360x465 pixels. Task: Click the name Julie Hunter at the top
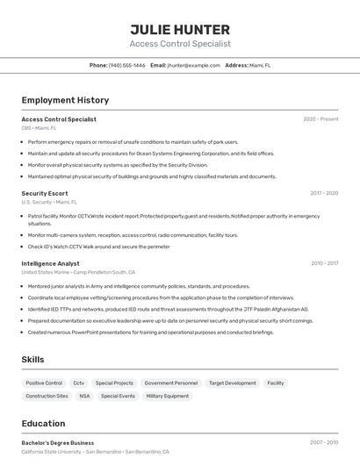180,29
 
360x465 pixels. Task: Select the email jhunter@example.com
194,65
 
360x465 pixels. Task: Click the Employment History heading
65,100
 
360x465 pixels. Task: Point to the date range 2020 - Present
320,118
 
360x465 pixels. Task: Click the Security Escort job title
44,193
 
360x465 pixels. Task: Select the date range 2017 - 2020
324,193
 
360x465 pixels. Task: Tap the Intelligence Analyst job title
50,263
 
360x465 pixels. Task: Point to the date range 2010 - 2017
324,263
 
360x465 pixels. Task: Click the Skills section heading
32,360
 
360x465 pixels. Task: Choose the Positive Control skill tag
44,383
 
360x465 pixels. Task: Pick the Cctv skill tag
79,383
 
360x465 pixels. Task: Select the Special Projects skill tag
114,383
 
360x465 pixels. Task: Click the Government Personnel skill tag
171,383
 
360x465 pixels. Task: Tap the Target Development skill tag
232,383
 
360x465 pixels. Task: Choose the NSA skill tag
84,397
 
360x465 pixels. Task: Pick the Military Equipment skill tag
167,397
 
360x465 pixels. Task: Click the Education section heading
43,423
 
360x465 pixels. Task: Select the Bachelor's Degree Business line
57,443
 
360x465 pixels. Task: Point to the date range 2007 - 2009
324,443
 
